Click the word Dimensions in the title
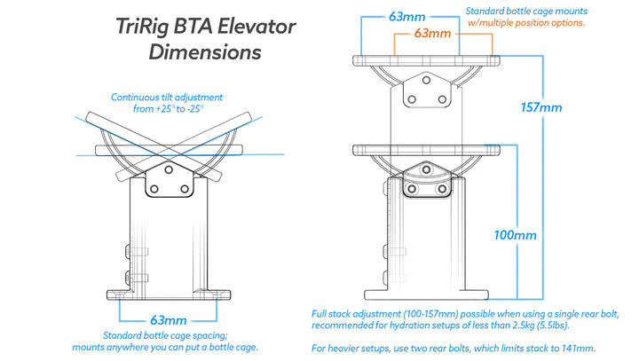(x=205, y=51)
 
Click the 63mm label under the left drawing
(x=168, y=319)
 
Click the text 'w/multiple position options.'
(x=525, y=22)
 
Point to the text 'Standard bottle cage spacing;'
(x=167, y=336)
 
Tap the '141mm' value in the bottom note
(x=568, y=348)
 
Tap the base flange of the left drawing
(x=168, y=293)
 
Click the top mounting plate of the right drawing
(x=427, y=60)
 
